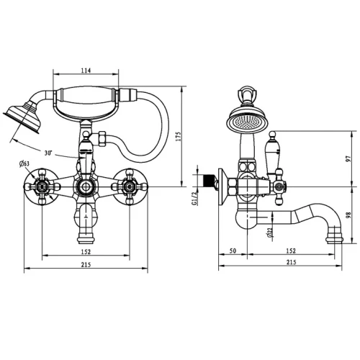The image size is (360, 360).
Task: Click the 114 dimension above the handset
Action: [x=86, y=71]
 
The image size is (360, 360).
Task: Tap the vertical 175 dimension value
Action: [x=179, y=136]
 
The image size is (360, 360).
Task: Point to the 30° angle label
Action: [x=48, y=153]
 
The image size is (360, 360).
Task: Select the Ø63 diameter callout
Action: [x=24, y=164]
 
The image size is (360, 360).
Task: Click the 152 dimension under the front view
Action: [x=86, y=252]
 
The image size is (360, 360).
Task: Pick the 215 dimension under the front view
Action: [x=86, y=265]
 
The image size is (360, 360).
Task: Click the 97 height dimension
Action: [x=348, y=158]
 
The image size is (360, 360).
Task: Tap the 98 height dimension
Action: [x=348, y=215]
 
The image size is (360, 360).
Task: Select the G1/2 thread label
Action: [x=194, y=199]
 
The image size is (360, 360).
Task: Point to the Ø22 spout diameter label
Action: [x=271, y=232]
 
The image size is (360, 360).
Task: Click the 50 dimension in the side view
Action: [x=233, y=251]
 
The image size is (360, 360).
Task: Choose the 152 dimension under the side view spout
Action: [x=291, y=251]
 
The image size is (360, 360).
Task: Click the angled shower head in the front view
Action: [x=24, y=117]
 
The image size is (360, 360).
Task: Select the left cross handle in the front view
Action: [x=42, y=186]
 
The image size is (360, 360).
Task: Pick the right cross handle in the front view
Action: [x=130, y=186]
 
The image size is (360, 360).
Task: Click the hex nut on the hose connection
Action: [x=102, y=139]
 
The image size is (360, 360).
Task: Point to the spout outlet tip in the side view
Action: [x=334, y=239]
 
